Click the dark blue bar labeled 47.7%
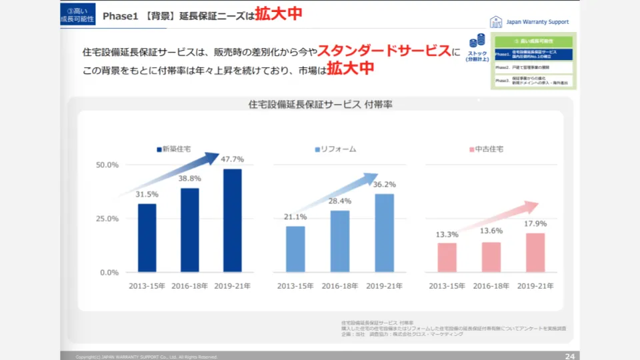point(232,221)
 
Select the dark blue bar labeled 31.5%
point(147,238)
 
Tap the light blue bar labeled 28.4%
point(340,241)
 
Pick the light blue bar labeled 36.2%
point(385,233)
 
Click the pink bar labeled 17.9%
point(535,253)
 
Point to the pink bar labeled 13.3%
point(447,257)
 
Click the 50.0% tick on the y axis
point(108,165)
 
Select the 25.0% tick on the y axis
point(108,219)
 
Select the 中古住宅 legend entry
point(486,149)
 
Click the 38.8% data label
point(190,179)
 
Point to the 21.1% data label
point(295,217)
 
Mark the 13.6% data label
point(491,231)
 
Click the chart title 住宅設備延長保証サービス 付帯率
point(320,105)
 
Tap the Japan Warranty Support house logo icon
point(496,21)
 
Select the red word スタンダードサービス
point(384,51)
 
